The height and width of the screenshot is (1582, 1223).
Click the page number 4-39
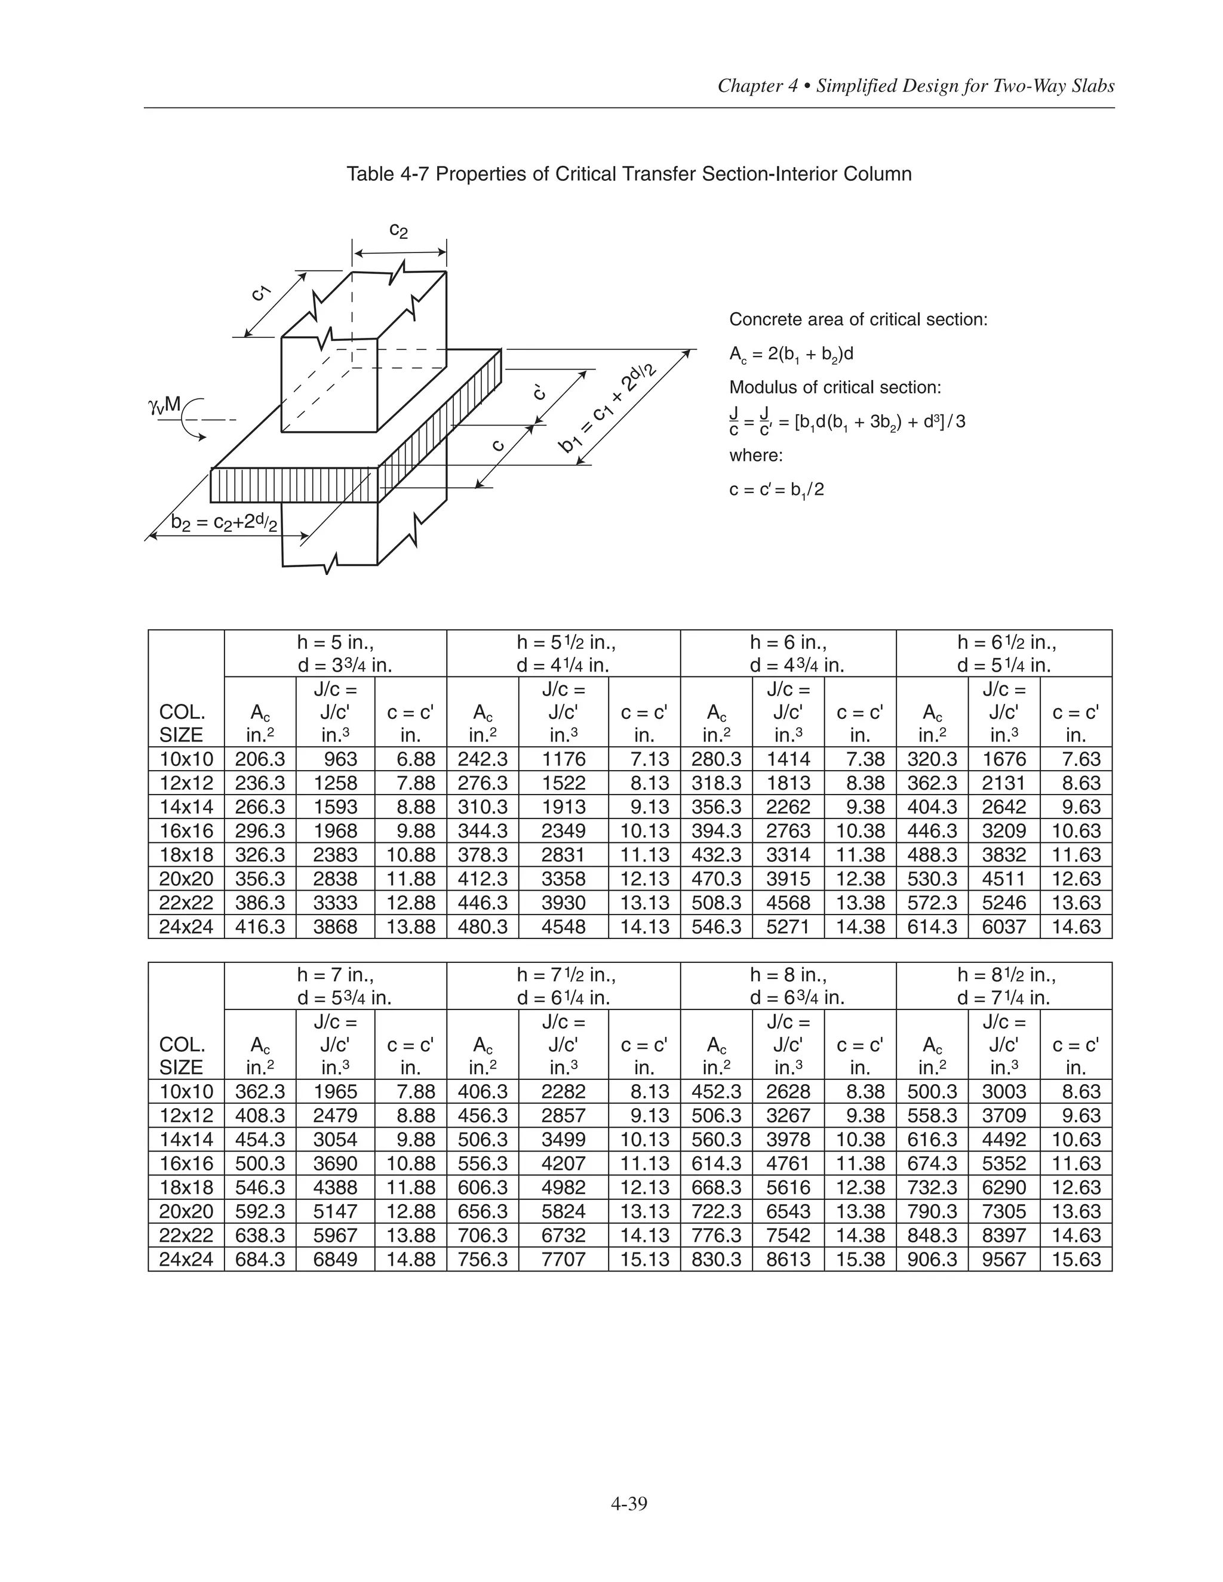tap(628, 1504)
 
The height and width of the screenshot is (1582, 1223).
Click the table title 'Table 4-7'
tap(628, 174)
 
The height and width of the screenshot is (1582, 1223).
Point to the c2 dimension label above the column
tap(398, 230)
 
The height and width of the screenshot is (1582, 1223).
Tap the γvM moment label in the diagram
tap(164, 404)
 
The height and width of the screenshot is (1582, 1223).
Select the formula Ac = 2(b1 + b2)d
tap(791, 354)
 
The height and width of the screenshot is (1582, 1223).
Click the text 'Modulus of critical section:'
tap(835, 387)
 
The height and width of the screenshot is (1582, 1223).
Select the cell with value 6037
tap(1003, 927)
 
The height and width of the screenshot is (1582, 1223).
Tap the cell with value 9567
tap(1003, 1259)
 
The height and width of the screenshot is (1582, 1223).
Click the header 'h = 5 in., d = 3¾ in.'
tap(336, 653)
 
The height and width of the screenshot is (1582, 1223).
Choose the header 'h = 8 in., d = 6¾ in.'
tap(788, 986)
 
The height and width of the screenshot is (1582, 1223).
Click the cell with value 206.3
tap(260, 759)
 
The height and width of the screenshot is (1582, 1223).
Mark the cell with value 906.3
tap(932, 1259)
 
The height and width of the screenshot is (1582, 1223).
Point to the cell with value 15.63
tap(1076, 1259)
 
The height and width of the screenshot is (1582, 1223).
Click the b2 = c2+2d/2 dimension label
tap(223, 522)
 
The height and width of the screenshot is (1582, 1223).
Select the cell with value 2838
tap(336, 879)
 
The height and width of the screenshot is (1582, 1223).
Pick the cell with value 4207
tap(563, 1164)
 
